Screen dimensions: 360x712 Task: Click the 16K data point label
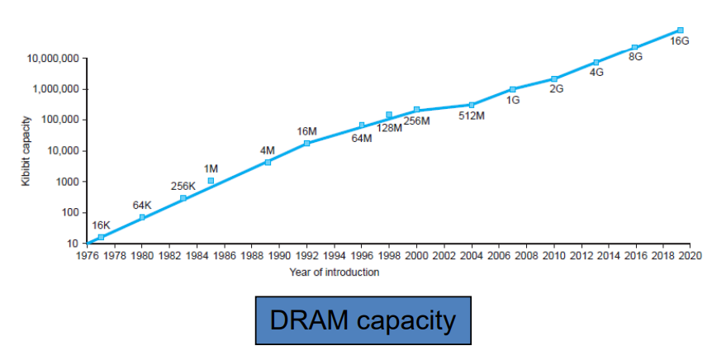click(x=101, y=225)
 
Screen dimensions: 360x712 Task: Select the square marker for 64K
click(x=142, y=217)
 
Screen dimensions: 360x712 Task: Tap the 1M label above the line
click(x=211, y=168)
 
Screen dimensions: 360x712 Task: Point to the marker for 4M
click(x=267, y=162)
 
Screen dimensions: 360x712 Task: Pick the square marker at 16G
click(x=680, y=30)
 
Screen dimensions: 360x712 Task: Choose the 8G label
click(x=635, y=58)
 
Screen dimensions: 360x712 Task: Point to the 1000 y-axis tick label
click(x=68, y=182)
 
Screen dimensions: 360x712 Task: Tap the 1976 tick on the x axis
click(x=87, y=257)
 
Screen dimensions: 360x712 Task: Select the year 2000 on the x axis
click(x=416, y=257)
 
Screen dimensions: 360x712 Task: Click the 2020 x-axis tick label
click(x=691, y=257)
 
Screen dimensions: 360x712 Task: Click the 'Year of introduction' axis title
click(x=335, y=272)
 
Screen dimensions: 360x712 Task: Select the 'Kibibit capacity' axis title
click(x=26, y=152)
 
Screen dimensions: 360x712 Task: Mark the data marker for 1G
click(x=512, y=89)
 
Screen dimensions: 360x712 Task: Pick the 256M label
click(x=416, y=121)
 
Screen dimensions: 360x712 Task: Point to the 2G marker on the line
click(x=554, y=78)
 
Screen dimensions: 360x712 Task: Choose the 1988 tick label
click(x=252, y=257)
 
